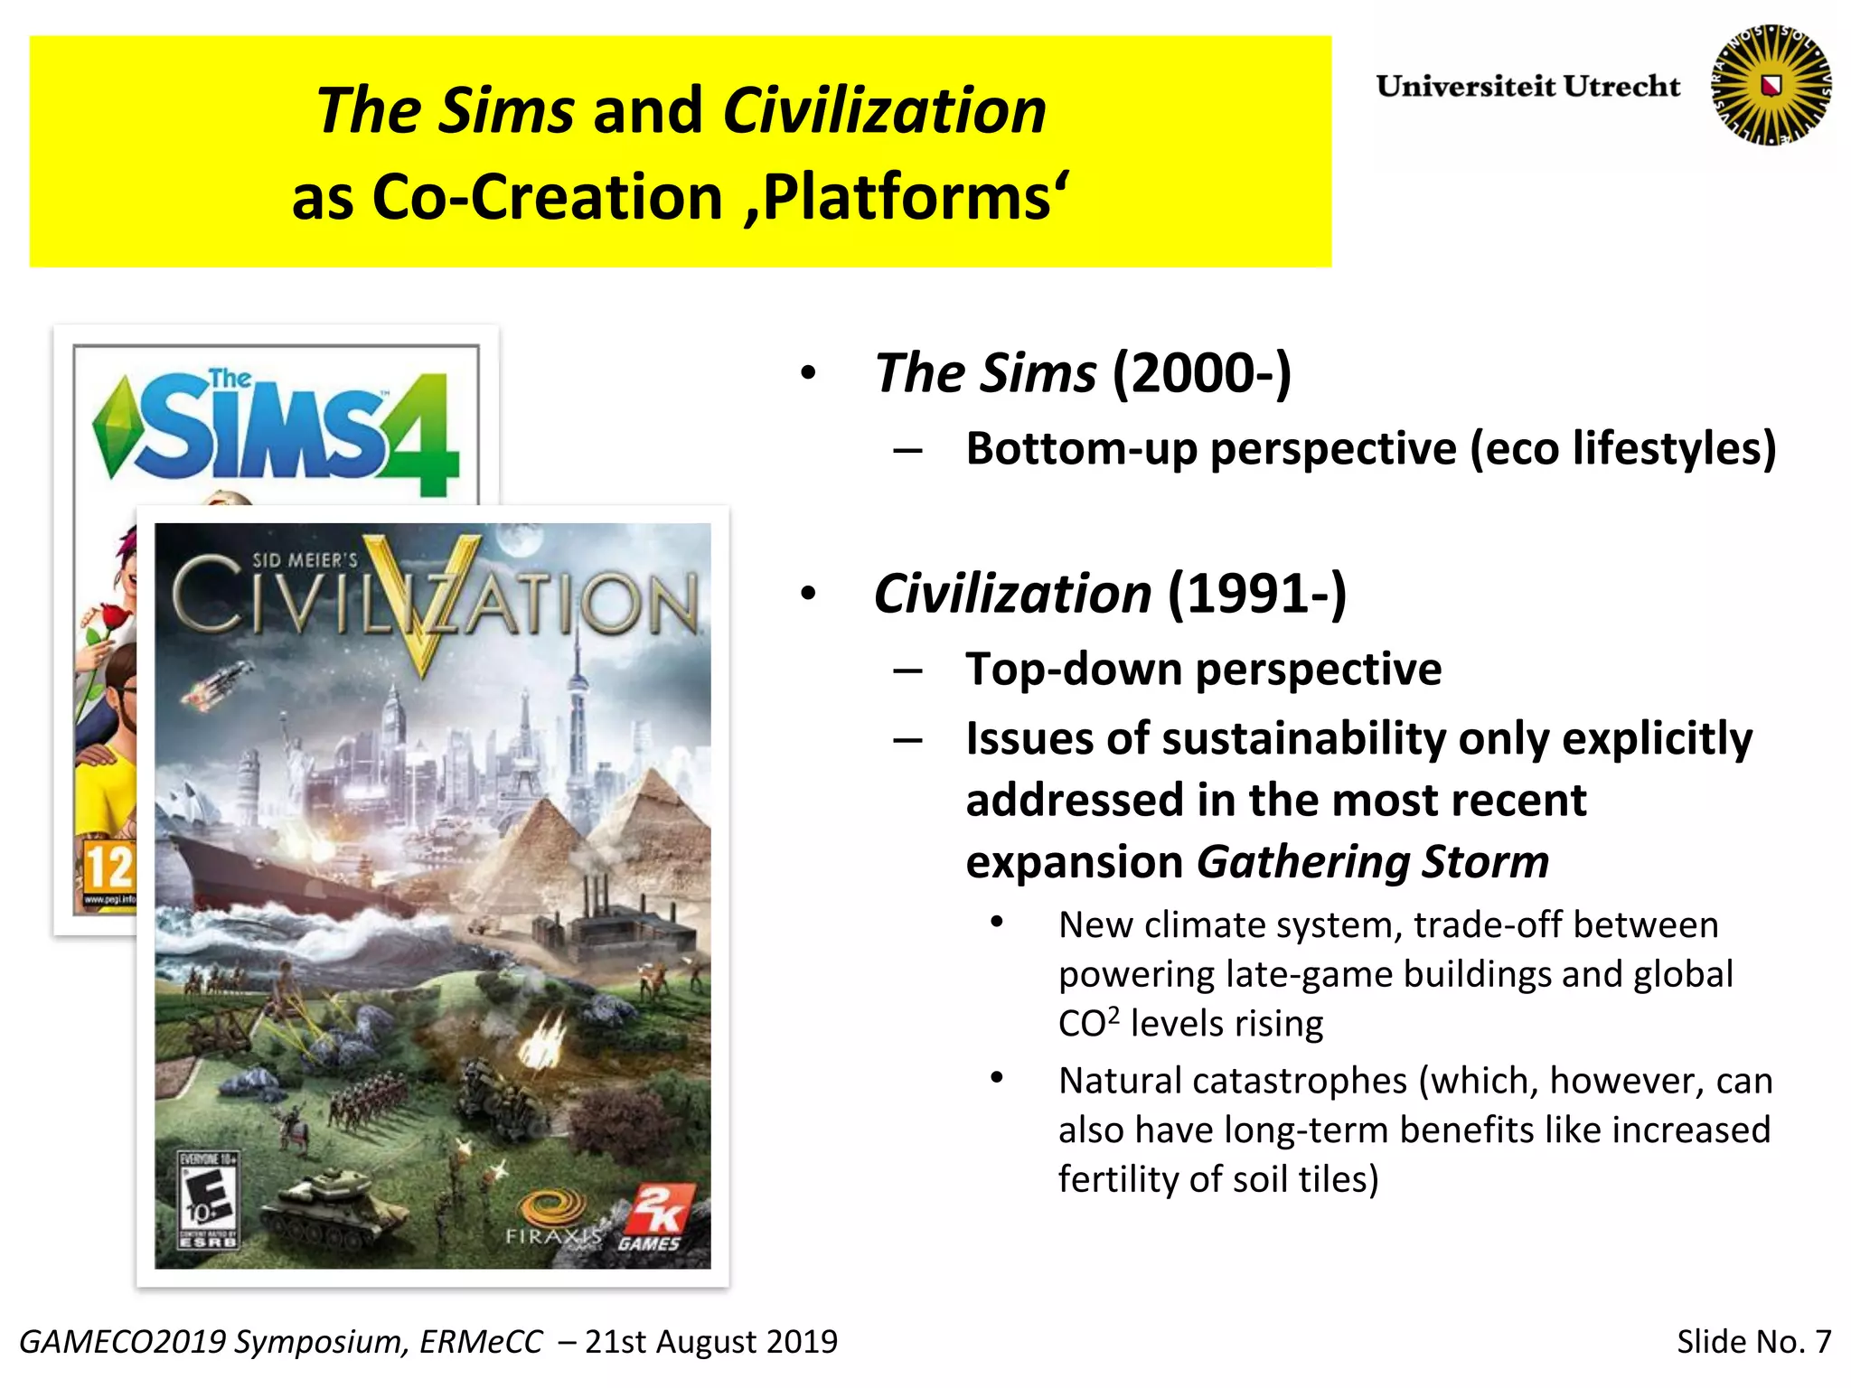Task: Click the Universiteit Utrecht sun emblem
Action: [x=1771, y=85]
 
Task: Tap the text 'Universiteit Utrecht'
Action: [x=1527, y=87]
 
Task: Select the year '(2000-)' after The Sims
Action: [x=1202, y=373]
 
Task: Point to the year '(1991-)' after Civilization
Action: [x=1257, y=595]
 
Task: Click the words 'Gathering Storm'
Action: [x=1373, y=862]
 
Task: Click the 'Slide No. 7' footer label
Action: [x=1753, y=1341]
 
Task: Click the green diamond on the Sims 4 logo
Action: [x=115, y=427]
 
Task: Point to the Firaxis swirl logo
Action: [x=554, y=1209]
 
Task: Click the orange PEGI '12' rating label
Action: [x=108, y=866]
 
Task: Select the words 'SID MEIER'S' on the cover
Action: [x=305, y=560]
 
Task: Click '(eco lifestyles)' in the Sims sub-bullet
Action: [x=1623, y=449]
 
